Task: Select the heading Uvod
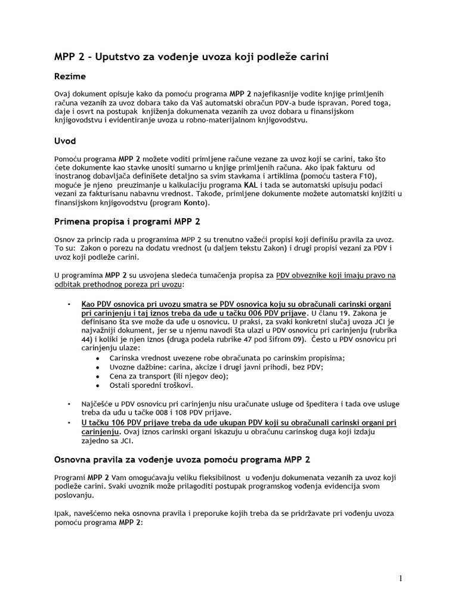65,141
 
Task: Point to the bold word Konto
196,203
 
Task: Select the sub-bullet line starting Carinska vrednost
227,357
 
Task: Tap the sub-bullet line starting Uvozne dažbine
216,367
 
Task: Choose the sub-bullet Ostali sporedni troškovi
151,385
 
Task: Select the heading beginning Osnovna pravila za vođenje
182,460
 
